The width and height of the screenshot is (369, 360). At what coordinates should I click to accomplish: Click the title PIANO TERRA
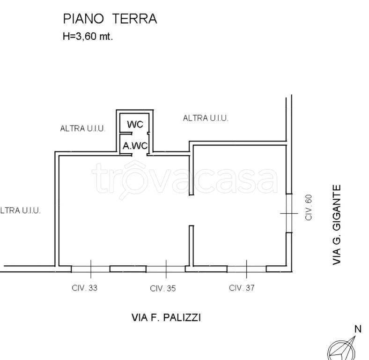click(110, 19)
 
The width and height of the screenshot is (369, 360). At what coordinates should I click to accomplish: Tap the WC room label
click(135, 124)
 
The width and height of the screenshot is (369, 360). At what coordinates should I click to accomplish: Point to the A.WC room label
click(135, 146)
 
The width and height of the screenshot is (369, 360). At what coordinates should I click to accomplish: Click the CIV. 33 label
click(85, 288)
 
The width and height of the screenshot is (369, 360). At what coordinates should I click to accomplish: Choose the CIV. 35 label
click(162, 289)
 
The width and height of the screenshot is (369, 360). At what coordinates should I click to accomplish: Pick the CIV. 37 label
click(242, 288)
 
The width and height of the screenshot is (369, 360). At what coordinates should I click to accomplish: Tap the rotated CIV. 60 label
click(309, 207)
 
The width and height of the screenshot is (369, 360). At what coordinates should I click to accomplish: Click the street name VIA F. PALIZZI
click(166, 318)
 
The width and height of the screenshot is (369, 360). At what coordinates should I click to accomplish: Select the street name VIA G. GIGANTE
click(337, 225)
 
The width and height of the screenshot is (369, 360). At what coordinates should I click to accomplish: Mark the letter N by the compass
click(358, 329)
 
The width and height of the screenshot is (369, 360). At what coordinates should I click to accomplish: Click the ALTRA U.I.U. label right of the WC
click(205, 118)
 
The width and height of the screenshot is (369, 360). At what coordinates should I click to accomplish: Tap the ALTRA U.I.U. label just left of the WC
click(82, 128)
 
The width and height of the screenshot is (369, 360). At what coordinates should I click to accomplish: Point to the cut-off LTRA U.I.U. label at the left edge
click(20, 210)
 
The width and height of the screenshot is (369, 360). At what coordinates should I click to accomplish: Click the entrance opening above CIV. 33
click(90, 269)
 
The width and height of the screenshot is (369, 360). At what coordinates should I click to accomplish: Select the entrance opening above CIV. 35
click(166, 269)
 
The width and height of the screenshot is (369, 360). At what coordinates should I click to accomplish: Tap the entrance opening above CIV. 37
click(246, 269)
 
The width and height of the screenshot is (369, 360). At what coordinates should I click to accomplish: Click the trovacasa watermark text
click(184, 179)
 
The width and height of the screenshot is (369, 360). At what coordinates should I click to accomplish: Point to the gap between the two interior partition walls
click(191, 210)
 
